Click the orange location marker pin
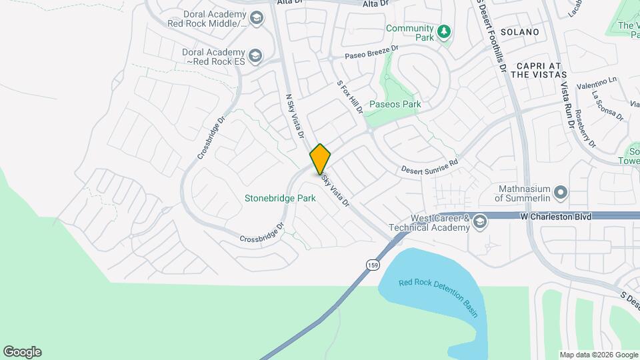click(321, 159)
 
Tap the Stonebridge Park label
click(280, 198)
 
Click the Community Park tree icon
click(443, 31)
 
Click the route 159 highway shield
click(372, 265)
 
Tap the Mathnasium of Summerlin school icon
click(561, 193)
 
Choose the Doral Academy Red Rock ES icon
click(255, 56)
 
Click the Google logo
click(22, 352)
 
